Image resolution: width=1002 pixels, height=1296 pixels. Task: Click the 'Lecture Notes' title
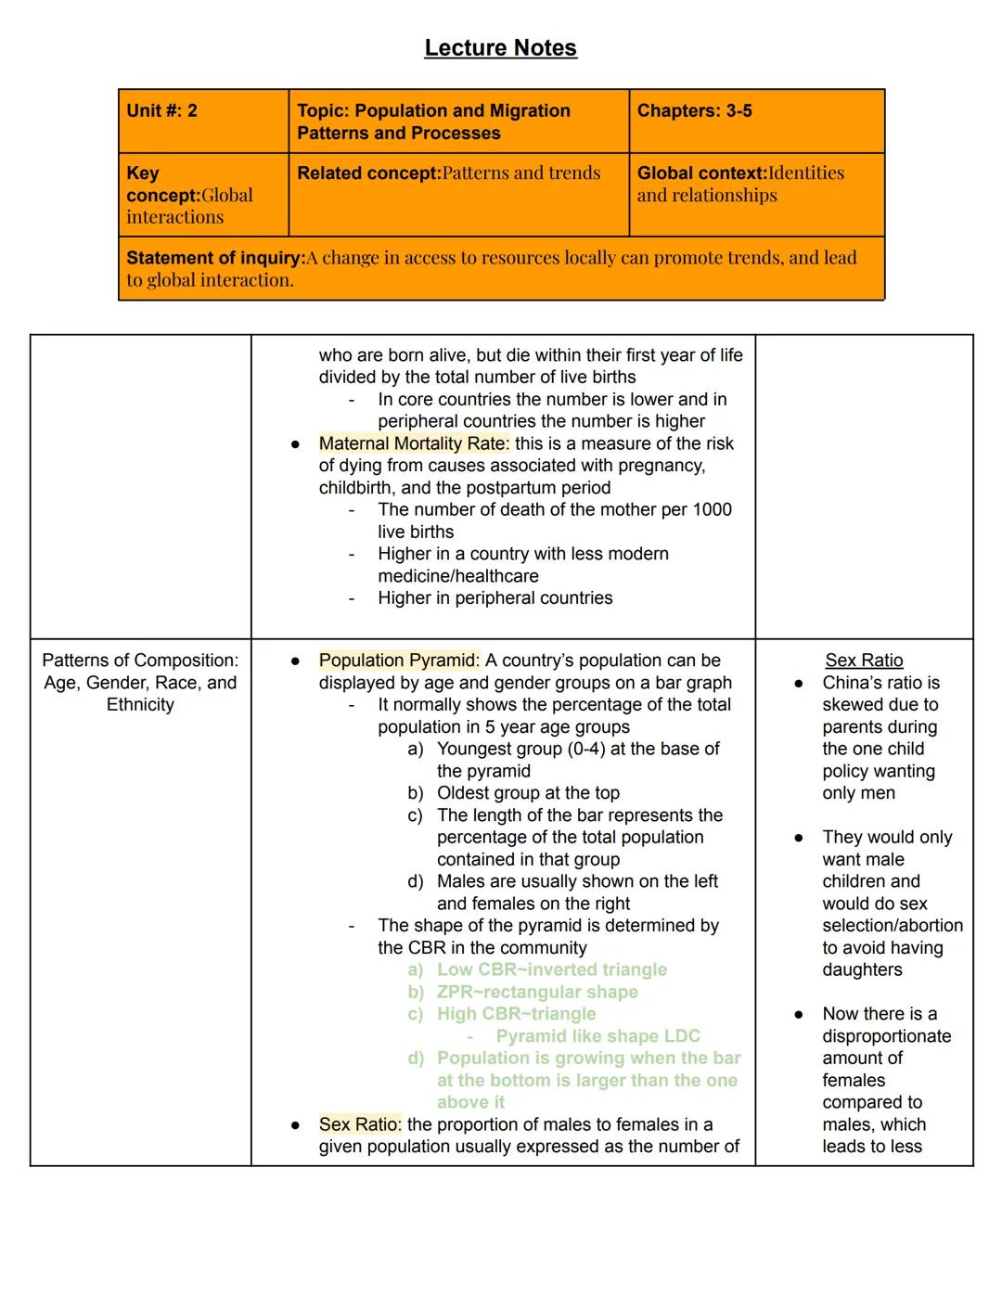click(x=500, y=48)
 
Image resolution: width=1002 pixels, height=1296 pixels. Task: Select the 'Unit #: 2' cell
click(x=162, y=111)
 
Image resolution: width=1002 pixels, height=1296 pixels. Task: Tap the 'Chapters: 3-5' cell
click(x=694, y=111)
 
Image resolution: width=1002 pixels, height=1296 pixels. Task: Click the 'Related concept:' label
click(x=368, y=173)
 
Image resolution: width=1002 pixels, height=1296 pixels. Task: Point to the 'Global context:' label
click(x=701, y=173)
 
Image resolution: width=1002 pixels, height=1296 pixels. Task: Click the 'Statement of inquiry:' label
click(x=215, y=258)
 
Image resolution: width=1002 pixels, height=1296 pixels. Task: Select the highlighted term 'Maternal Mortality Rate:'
click(x=414, y=443)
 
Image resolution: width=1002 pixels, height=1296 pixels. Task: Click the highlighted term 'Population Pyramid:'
click(x=399, y=661)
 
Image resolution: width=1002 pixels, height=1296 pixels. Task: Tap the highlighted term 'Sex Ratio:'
click(x=360, y=1124)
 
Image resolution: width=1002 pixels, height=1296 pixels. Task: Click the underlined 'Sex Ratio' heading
click(x=864, y=661)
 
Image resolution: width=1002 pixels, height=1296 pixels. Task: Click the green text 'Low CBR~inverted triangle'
click(x=551, y=969)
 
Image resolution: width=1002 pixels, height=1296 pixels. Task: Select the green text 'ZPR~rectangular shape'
click(x=537, y=992)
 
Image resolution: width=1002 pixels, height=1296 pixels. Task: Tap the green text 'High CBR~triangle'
click(x=516, y=1014)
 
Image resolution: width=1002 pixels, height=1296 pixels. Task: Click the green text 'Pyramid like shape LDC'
click(x=597, y=1036)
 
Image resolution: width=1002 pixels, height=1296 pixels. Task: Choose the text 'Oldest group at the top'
click(x=528, y=793)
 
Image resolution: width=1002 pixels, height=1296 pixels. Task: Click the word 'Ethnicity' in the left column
click(x=140, y=705)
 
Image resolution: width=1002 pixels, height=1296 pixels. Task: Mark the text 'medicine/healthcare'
click(x=457, y=576)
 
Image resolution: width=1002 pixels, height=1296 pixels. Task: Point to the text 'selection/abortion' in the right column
click(x=892, y=926)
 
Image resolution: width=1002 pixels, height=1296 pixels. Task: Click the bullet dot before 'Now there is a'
click(x=798, y=1015)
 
